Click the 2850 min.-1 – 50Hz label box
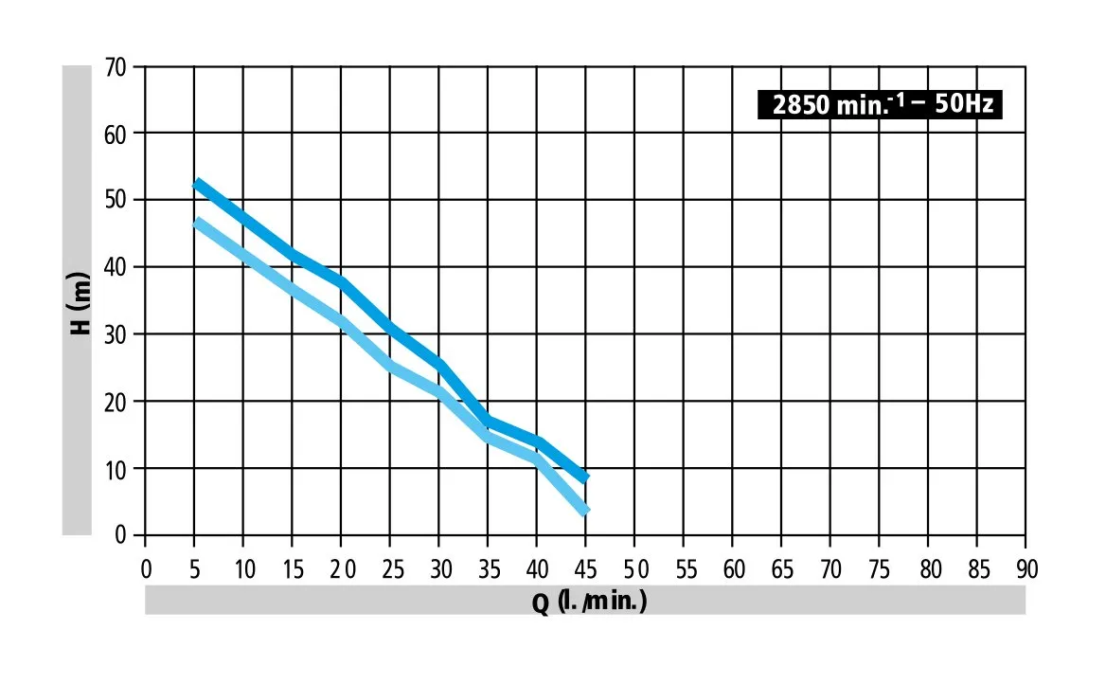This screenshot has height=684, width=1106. point(880,104)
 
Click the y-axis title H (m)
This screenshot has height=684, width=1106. point(80,303)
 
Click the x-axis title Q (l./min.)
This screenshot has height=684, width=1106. point(589,601)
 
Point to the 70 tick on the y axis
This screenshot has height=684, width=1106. point(115,67)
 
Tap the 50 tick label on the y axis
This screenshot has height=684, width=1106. point(115,200)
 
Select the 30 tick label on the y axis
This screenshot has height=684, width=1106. point(115,333)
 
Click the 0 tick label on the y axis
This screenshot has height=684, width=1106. point(120,535)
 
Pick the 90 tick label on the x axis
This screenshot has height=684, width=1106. point(1026,569)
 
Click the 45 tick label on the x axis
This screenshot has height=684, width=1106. point(585,569)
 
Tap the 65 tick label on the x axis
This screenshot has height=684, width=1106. point(781,569)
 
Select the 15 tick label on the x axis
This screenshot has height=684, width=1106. point(292,569)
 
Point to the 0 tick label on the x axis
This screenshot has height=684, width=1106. point(145,569)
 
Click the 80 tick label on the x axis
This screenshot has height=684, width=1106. point(929,569)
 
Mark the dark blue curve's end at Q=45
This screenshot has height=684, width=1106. point(585,477)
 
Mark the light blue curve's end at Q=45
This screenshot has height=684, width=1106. point(585,510)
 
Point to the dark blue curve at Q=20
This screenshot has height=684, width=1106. point(342,281)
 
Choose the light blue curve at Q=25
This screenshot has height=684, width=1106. point(390,366)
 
